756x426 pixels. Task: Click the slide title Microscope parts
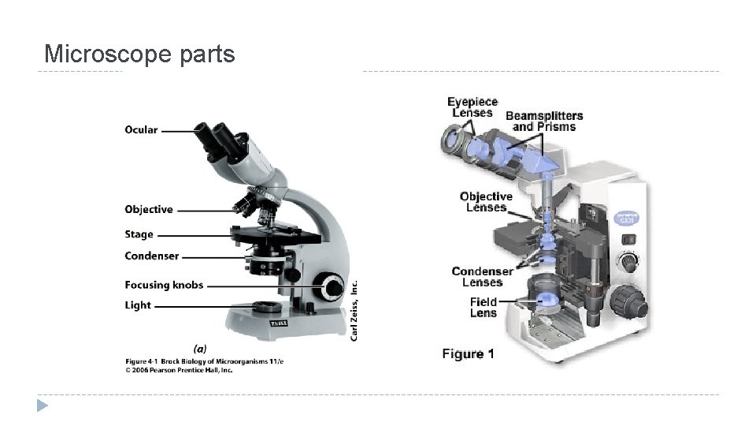[x=139, y=54]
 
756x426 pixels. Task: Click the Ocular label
[x=141, y=130]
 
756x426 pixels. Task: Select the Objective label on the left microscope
[x=148, y=209]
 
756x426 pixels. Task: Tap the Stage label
[x=139, y=234]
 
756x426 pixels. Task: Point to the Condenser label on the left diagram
[x=151, y=256]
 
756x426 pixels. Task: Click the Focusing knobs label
[x=164, y=285]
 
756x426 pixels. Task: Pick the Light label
[x=137, y=305]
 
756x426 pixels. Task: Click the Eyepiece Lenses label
[x=472, y=107]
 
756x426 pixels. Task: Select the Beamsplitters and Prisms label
[x=544, y=121]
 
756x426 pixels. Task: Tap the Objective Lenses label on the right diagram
[x=486, y=202]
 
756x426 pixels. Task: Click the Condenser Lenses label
[x=482, y=277]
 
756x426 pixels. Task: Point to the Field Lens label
[x=484, y=307]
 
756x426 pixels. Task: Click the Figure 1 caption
[x=468, y=354]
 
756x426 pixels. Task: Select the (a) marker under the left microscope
[x=200, y=347]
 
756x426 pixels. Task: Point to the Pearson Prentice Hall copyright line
[x=179, y=368]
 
